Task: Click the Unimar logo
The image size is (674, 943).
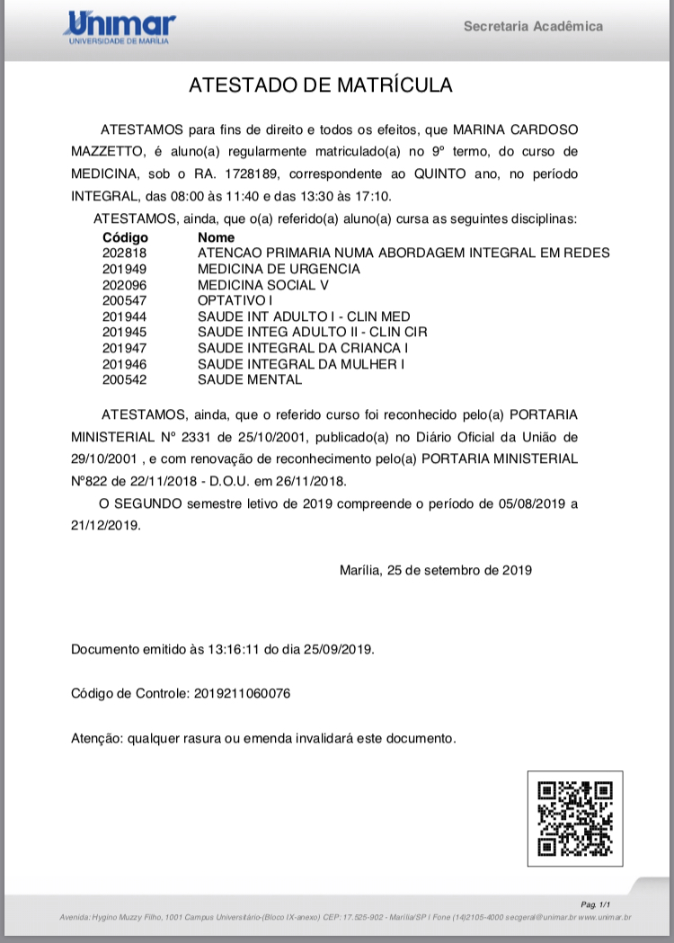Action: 119,28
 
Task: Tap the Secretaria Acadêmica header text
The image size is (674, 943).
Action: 533,26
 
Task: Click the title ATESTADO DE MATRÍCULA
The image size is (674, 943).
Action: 320,86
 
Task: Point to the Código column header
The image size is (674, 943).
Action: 125,238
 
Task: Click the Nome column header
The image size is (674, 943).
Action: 216,238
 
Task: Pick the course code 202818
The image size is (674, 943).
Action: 124,254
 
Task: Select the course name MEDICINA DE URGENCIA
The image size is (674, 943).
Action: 279,269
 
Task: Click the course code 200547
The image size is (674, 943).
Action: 124,300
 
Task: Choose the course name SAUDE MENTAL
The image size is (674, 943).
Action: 250,379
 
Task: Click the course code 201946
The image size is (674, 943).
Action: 124,364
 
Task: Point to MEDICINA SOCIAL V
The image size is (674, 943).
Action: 263,285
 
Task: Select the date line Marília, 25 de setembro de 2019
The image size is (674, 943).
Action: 436,570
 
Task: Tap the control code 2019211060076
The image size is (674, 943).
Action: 242,694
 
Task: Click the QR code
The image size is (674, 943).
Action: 574,818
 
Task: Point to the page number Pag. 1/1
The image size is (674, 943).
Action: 596,903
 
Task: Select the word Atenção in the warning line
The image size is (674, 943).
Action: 96,739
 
